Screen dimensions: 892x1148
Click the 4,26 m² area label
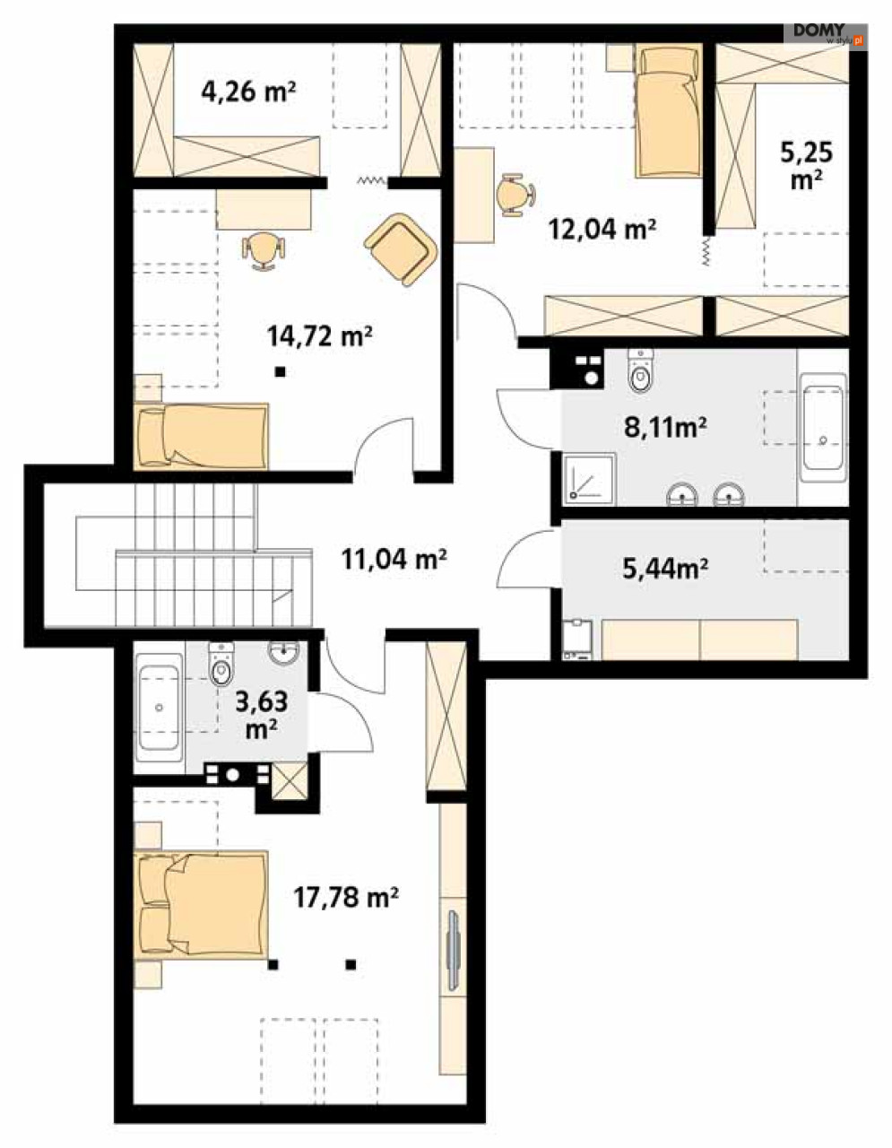coord(248,91)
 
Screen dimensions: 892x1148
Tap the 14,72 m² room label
coord(320,335)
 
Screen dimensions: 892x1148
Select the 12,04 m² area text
coord(602,229)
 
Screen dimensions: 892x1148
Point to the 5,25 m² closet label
coord(806,165)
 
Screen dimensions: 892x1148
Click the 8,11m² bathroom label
coord(665,427)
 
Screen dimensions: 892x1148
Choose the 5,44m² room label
coord(665,569)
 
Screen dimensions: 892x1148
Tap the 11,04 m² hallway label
coord(394,559)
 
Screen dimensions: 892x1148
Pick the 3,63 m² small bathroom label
coord(261,715)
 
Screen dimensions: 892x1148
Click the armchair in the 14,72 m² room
coord(401,248)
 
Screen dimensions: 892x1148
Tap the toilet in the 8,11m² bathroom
coord(641,370)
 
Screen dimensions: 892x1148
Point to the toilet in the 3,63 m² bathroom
coord(221,664)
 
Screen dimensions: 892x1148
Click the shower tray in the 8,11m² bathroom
coord(590,477)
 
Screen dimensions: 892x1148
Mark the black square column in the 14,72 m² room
coord(280,372)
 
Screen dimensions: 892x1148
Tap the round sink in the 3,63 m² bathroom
coord(284,652)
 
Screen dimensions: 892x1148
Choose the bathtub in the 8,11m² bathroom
coord(822,427)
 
